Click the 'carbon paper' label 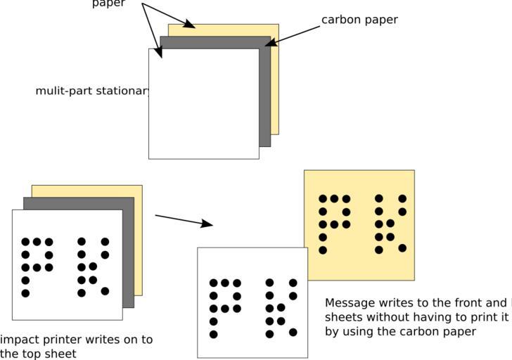pos(359,20)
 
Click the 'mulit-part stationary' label pos(92,91)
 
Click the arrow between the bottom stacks pos(184,221)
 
